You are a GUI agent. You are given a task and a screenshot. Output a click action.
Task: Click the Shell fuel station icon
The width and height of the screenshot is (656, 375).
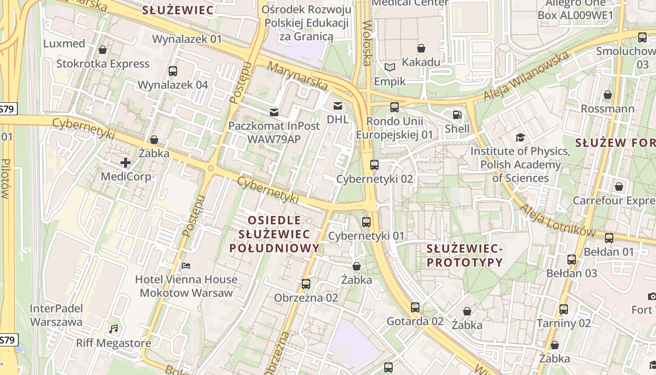456,114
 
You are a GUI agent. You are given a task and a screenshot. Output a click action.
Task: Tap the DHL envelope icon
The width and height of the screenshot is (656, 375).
337,105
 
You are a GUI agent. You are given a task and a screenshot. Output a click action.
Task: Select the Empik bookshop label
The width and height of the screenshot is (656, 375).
390,82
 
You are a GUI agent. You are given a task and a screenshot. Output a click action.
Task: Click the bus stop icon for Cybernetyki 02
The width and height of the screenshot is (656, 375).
374,165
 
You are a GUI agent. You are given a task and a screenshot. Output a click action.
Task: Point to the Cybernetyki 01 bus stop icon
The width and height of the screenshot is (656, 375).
366,222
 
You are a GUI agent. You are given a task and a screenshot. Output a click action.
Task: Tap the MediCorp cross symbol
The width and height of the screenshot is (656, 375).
126,163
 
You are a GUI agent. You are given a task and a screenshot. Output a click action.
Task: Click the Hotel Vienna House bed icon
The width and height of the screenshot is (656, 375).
186,266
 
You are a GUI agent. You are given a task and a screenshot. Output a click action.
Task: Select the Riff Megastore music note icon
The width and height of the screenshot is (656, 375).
113,329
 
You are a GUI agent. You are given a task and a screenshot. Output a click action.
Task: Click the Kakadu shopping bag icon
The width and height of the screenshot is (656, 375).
421,48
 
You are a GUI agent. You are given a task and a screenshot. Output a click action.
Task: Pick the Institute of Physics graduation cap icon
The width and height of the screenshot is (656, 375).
520,137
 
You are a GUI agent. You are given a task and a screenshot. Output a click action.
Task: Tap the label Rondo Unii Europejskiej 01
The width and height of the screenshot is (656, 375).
395,128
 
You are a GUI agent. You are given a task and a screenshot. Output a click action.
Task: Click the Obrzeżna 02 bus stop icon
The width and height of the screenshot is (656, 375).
306,284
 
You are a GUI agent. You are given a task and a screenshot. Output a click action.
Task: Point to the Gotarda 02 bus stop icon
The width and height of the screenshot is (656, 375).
415,307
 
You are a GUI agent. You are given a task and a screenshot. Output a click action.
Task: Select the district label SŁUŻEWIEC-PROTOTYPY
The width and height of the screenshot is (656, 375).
464,255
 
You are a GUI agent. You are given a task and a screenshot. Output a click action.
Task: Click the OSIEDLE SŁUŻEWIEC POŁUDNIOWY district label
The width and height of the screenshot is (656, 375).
274,234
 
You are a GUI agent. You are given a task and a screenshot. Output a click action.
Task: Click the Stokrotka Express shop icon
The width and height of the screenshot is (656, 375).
103,50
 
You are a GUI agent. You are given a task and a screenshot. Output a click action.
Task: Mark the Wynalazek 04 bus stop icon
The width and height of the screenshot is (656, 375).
172,71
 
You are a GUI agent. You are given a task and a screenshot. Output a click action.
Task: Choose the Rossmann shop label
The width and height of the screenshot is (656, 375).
607,109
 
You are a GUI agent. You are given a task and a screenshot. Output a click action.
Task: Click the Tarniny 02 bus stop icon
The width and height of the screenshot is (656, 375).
563,309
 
